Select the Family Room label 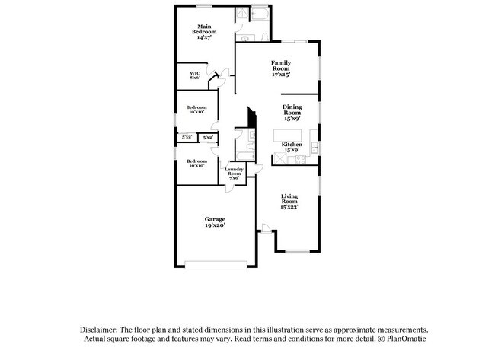coord(283,65)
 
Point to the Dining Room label coord(292,109)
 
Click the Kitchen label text coord(292,145)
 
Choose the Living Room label coord(289,199)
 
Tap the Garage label coord(214,219)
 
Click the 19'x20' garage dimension coord(214,225)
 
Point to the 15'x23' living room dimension coord(289,206)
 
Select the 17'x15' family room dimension coord(283,75)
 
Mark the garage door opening coord(216,265)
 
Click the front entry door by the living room coord(264,228)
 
